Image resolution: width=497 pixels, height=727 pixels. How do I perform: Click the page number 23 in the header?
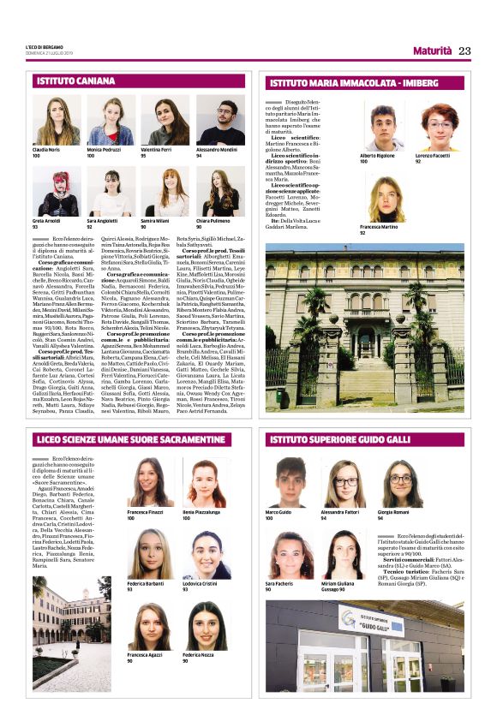coord(464,51)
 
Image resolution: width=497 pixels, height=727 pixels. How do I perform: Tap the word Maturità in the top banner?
coord(432,51)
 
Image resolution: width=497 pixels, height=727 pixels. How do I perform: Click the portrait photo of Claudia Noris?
coord(57,121)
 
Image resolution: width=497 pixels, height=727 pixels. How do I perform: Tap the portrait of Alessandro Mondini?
coord(219,121)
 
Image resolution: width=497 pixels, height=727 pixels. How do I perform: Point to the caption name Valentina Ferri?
coord(156,150)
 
